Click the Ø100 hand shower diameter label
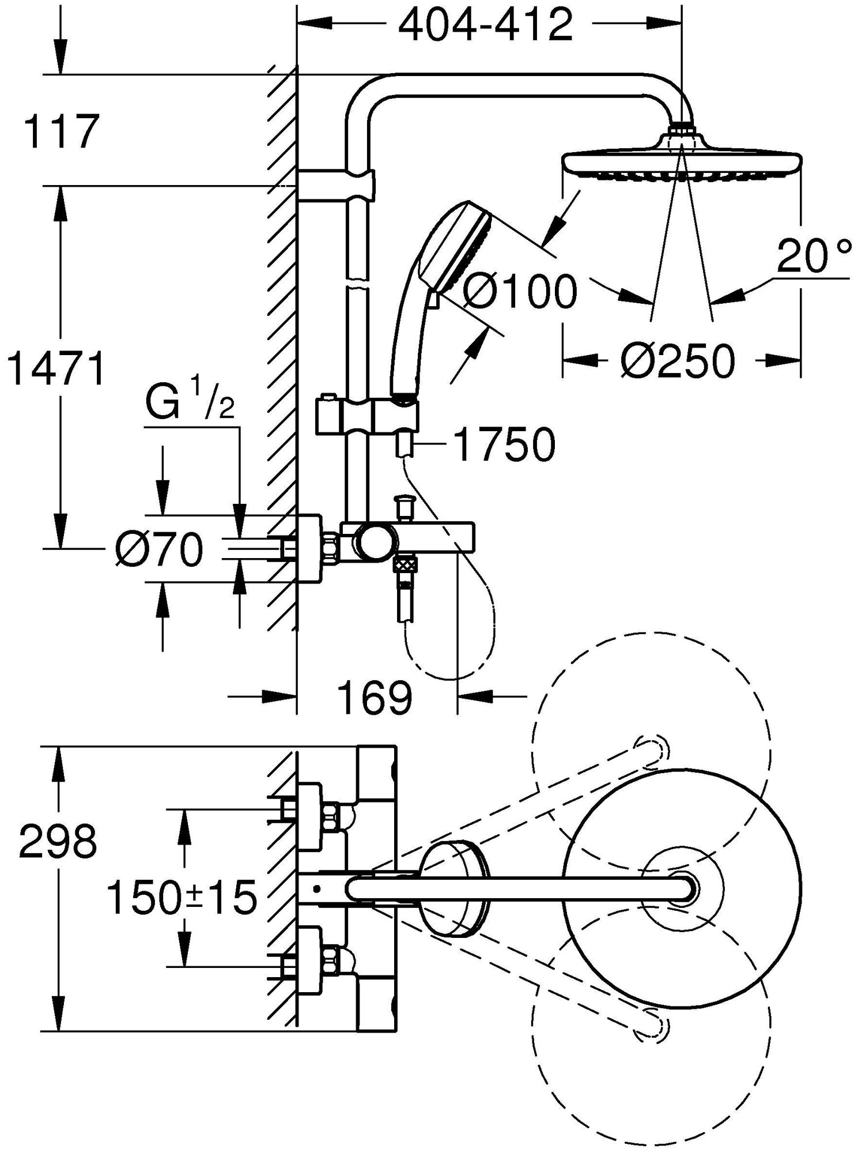coord(519,292)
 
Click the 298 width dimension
coord(58,843)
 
